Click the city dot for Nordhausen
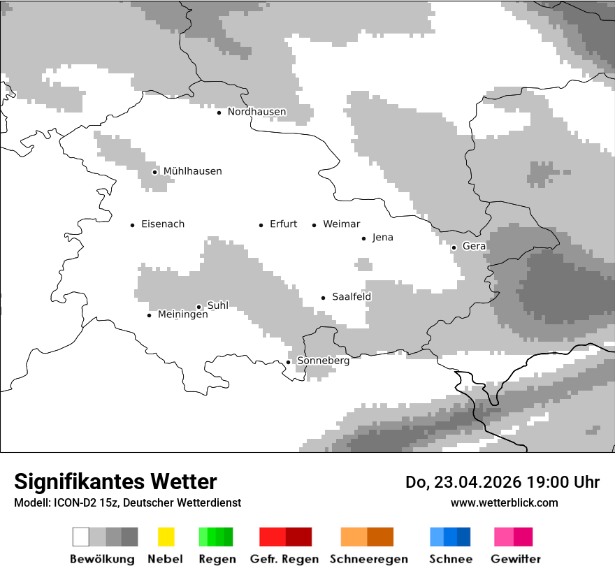pyautogui.click(x=219, y=113)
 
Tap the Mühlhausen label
pyautogui.click(x=192, y=171)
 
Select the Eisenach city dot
pyautogui.click(x=132, y=225)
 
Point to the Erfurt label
pyautogui.click(x=283, y=224)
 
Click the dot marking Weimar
pyautogui.click(x=314, y=225)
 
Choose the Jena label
pyautogui.click(x=382, y=238)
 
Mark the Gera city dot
pyautogui.click(x=454, y=247)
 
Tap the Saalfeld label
pyautogui.click(x=352, y=297)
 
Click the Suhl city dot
pyautogui.click(x=198, y=307)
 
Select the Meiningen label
pyautogui.click(x=182, y=315)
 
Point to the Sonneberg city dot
pyautogui.click(x=288, y=362)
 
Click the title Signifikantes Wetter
pyautogui.click(x=115, y=481)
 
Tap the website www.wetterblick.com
pyautogui.click(x=504, y=502)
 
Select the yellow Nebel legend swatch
pyautogui.click(x=166, y=537)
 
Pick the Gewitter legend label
pyautogui.click(x=516, y=559)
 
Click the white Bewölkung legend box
pyautogui.click(x=81, y=537)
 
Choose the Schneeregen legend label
pyautogui.click(x=369, y=559)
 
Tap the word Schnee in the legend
pyautogui.click(x=450, y=559)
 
